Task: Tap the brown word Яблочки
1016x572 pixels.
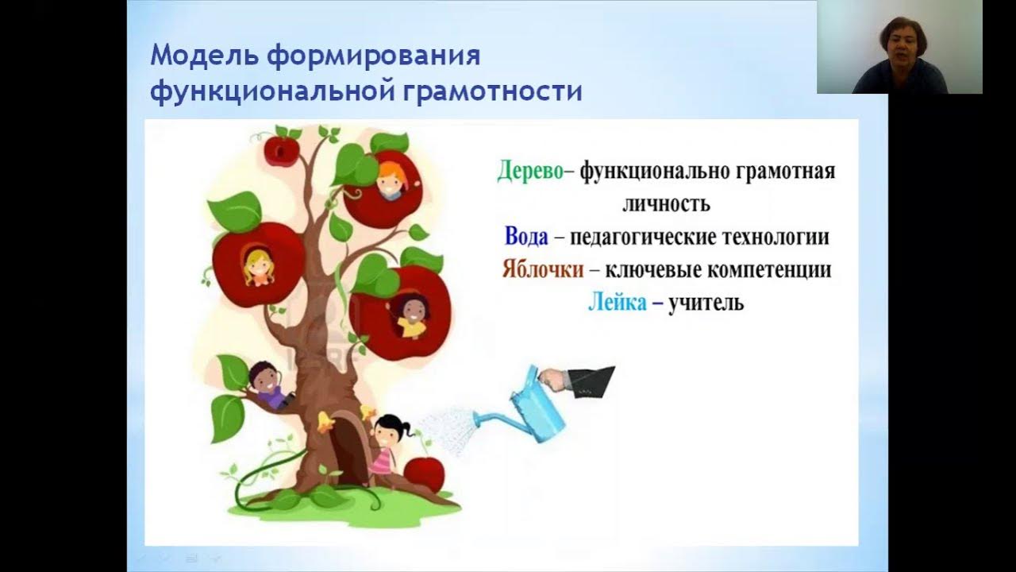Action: pyautogui.click(x=542, y=269)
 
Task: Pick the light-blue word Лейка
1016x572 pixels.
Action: pyautogui.click(x=617, y=303)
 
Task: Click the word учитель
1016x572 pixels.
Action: pyautogui.click(x=706, y=303)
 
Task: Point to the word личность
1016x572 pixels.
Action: pyautogui.click(x=665, y=203)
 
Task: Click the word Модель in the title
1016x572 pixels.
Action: pyautogui.click(x=203, y=57)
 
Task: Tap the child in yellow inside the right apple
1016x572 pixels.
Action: pyautogui.click(x=411, y=315)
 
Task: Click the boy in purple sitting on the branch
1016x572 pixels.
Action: pyautogui.click(x=268, y=385)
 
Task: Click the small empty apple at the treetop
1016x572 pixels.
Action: pyautogui.click(x=281, y=150)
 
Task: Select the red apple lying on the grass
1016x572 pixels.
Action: pyautogui.click(x=425, y=473)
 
